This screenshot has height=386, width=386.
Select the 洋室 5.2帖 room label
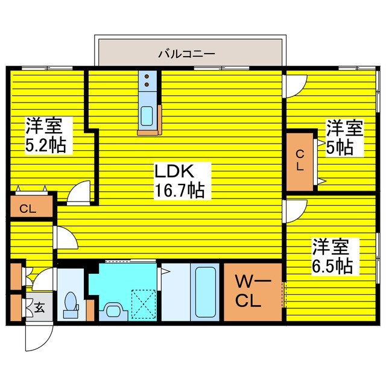click(45, 136)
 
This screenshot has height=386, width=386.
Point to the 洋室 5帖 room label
click(344, 137)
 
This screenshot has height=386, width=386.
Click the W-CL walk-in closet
click(253, 292)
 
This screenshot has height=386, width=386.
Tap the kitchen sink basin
click(147, 114)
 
